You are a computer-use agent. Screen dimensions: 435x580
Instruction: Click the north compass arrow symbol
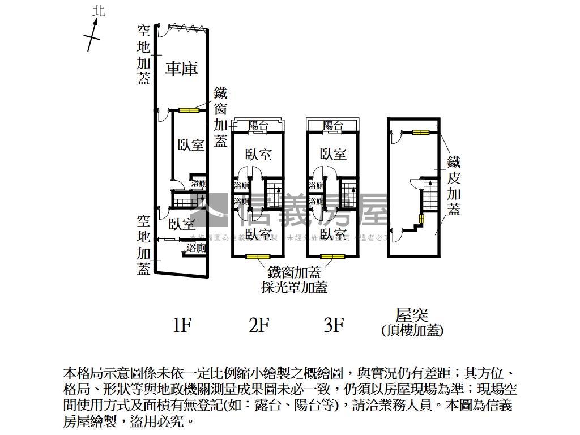click(93, 34)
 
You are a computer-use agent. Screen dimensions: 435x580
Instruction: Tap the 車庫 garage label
click(182, 70)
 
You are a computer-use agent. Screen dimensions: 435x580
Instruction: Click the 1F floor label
click(182, 325)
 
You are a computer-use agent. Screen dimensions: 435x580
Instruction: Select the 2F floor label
click(258, 325)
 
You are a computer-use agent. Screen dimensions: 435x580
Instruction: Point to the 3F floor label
click(334, 325)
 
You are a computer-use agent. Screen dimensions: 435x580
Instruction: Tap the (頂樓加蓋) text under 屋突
click(412, 331)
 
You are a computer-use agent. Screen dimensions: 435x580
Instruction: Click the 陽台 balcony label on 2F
click(258, 126)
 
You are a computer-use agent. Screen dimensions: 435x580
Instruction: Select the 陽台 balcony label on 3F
click(333, 126)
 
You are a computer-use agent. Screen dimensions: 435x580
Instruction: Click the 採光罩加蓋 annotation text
click(294, 287)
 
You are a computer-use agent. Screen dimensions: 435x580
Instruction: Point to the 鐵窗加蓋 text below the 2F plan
click(294, 273)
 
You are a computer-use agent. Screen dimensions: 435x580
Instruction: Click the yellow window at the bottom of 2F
click(258, 257)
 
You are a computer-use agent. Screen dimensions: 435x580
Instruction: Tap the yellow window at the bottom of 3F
click(333, 257)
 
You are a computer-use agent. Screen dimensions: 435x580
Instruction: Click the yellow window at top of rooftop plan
click(420, 133)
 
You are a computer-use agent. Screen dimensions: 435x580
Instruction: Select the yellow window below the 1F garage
click(189, 110)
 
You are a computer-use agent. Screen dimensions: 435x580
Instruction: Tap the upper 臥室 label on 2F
click(258, 155)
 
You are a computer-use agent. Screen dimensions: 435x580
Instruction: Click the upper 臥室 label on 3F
click(333, 154)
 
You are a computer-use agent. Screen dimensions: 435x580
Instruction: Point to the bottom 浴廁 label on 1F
click(197, 248)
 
